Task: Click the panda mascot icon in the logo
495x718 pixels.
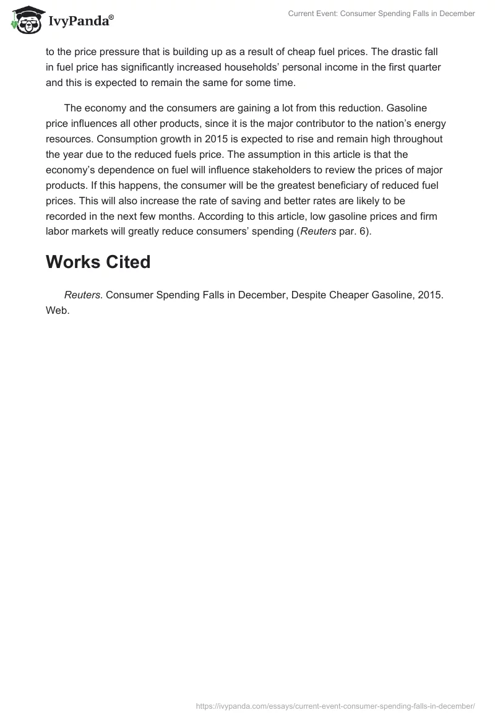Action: [x=24, y=20]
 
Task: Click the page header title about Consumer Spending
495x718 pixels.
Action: [x=381, y=14]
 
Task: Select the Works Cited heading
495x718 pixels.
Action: [x=98, y=262]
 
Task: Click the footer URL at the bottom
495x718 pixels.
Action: [x=335, y=705]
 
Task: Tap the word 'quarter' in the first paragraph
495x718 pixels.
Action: [x=424, y=66]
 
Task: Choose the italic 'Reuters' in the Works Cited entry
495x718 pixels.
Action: [x=82, y=295]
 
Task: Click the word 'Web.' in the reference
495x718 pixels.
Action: [x=58, y=310]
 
